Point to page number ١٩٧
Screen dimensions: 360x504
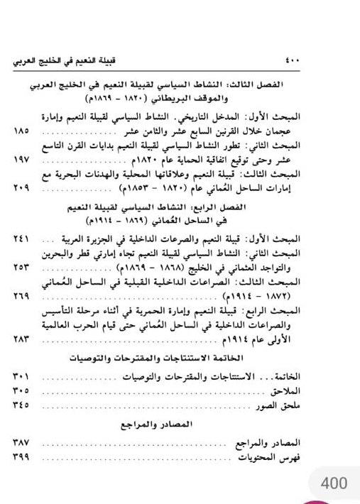pyautogui.click(x=22, y=161)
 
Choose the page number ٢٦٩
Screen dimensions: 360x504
pyautogui.click(x=22, y=294)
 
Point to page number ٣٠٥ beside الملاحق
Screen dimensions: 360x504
pyautogui.click(x=22, y=390)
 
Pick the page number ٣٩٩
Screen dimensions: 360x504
pyautogui.click(x=22, y=457)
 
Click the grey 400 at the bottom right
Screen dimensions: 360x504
pyautogui.click(x=333, y=483)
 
